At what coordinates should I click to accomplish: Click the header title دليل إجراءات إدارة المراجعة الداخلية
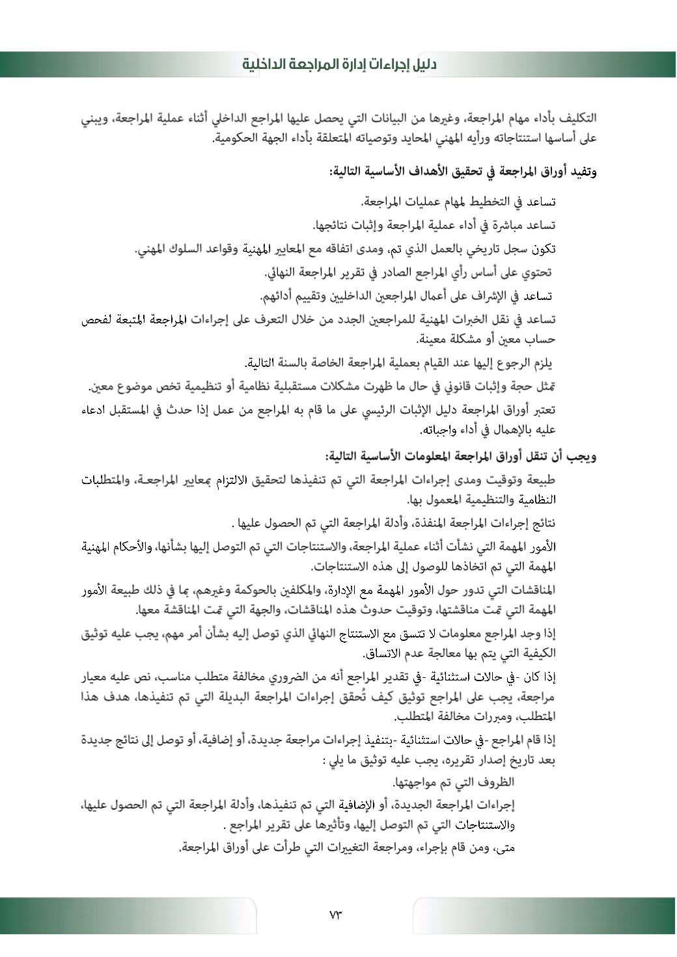339,64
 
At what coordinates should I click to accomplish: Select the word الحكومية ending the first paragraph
238,139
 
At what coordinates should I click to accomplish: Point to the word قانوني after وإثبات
451,387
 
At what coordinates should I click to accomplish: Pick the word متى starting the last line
505,848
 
